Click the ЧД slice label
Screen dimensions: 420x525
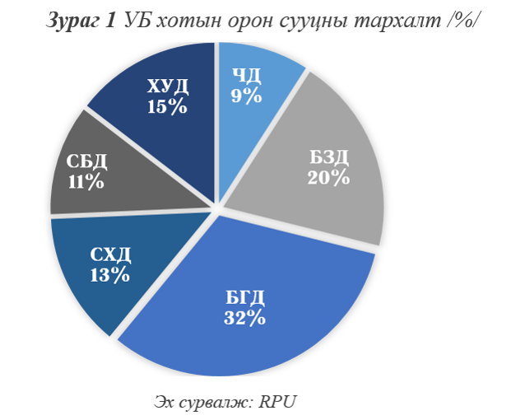pyautogui.click(x=247, y=76)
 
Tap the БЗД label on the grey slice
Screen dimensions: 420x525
pyautogui.click(x=328, y=157)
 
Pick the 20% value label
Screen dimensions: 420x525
pyautogui.click(x=328, y=177)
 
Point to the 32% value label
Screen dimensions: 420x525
pyautogui.click(x=244, y=318)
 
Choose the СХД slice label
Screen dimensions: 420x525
pyautogui.click(x=109, y=254)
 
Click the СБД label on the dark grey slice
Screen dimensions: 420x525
pyautogui.click(x=87, y=161)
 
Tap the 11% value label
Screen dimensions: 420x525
pyautogui.click(x=86, y=181)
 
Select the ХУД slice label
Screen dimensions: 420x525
pyautogui.click(x=168, y=86)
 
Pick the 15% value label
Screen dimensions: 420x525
pyautogui.click(x=168, y=105)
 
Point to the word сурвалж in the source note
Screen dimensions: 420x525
pyautogui.click(x=213, y=403)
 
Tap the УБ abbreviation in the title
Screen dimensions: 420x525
pyautogui.click(x=137, y=21)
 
